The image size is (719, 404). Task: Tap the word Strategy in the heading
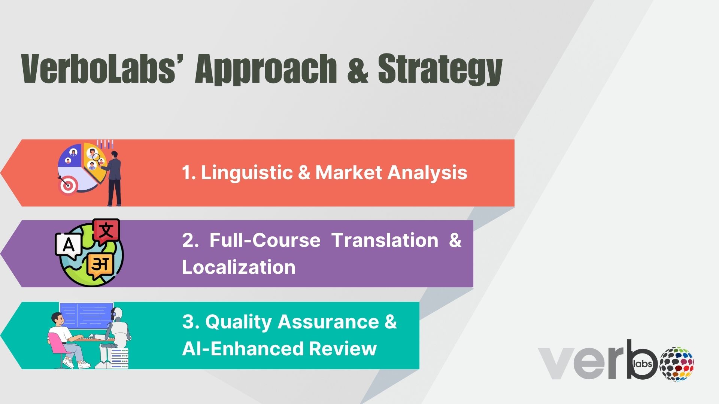coord(440,70)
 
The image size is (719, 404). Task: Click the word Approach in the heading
coord(266,70)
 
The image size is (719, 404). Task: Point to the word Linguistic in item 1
coord(247,173)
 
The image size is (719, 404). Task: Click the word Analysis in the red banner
coord(428,173)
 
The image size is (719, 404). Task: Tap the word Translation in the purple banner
coord(385,240)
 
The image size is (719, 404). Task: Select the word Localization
coord(239,267)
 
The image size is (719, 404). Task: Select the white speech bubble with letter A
coord(69,246)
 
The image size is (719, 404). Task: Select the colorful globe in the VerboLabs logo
coord(677,364)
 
